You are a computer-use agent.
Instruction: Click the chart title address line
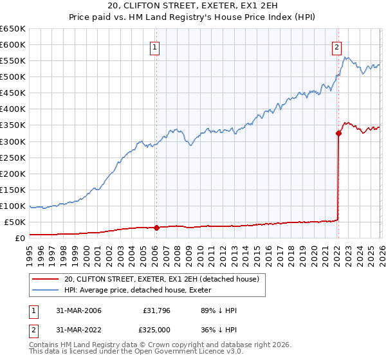pos(193,6)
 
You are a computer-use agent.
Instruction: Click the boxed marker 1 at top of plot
pos(156,46)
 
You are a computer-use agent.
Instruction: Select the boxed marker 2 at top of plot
pos(336,46)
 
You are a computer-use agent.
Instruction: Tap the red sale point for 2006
pos(156,228)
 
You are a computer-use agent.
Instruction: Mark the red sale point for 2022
pos(338,133)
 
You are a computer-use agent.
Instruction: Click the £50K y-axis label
pos(15,222)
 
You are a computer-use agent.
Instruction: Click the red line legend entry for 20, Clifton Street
pos(161,279)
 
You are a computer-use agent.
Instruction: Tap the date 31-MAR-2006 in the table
pos(86,310)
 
